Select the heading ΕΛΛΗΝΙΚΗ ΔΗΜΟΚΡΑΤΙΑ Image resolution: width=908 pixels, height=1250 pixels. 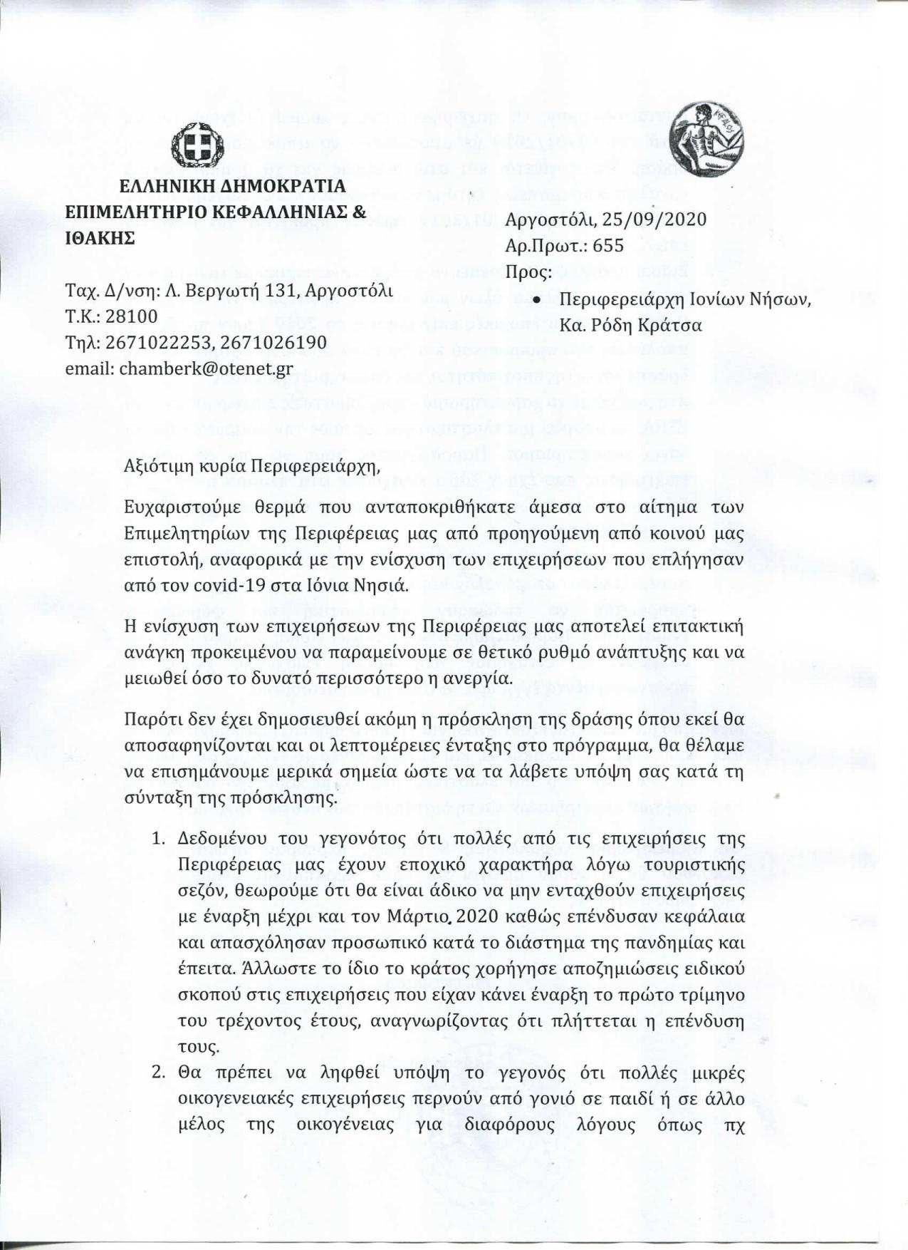[232, 187]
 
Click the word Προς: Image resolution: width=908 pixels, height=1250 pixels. [528, 272]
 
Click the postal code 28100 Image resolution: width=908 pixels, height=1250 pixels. [132, 316]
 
